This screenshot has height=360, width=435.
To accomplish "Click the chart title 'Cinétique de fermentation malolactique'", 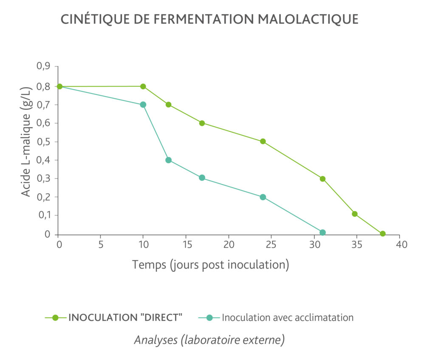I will tap(209, 20).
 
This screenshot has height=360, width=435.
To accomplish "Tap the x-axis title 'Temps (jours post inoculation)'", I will tap(210, 264).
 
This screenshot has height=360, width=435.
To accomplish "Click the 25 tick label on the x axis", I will tap(271, 245).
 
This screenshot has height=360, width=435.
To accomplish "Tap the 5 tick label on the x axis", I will tap(101, 245).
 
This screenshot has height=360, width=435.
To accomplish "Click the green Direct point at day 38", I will tap(383, 234).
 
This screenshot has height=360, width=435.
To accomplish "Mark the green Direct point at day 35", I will tap(355, 214).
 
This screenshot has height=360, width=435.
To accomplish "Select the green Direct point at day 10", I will tap(143, 86).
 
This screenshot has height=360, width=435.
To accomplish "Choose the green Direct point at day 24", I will tap(263, 142).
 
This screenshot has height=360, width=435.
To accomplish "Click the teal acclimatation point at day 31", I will tap(322, 232).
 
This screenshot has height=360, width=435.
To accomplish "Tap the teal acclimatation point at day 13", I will tap(168, 160).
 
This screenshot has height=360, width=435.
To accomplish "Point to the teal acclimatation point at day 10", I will tap(143, 105).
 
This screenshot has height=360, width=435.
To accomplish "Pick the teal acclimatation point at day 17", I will tap(202, 178).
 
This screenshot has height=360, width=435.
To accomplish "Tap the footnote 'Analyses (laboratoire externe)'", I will tap(209, 340).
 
